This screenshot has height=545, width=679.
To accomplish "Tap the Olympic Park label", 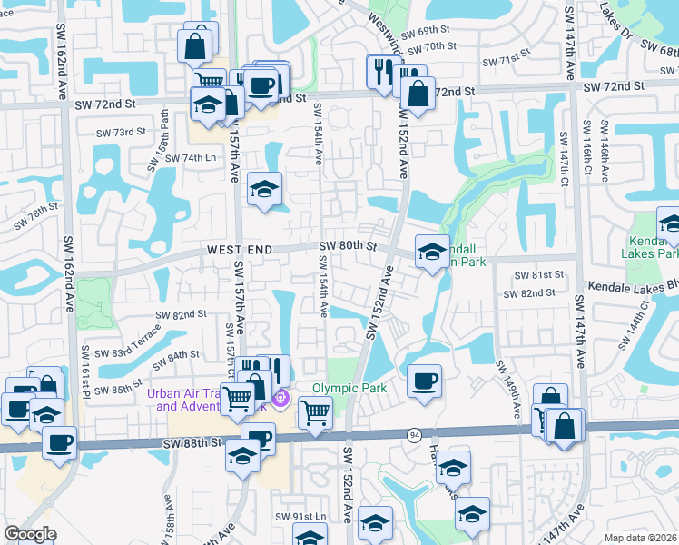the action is coord(349,388).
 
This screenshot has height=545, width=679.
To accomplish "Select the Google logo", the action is coord(30,534).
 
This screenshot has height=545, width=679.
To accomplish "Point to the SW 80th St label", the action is coord(348,246).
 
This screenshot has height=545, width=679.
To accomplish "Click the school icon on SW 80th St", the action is coord(431,251).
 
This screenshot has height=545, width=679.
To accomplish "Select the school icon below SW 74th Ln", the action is coord(264,188).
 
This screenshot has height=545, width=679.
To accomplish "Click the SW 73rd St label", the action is coord(121,132).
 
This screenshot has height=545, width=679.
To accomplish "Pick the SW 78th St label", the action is coord(35,215).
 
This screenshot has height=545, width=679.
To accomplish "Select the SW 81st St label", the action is coord(539,274).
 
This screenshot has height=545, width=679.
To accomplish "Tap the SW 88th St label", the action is coord(192,441).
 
